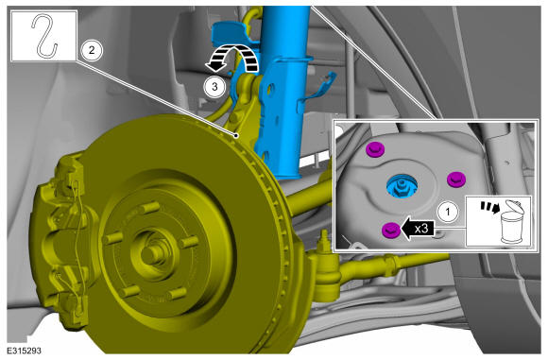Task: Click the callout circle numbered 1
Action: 448,212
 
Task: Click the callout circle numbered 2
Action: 92,50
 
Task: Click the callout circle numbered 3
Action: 214,86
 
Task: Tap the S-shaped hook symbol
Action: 44,35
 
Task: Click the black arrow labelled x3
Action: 418,229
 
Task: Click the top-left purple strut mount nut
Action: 375,150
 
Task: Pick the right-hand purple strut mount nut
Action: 456,180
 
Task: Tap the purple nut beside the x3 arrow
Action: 391,230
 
